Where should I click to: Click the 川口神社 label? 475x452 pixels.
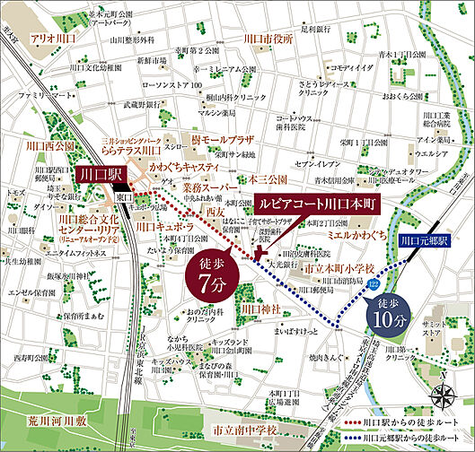point(266,309)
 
